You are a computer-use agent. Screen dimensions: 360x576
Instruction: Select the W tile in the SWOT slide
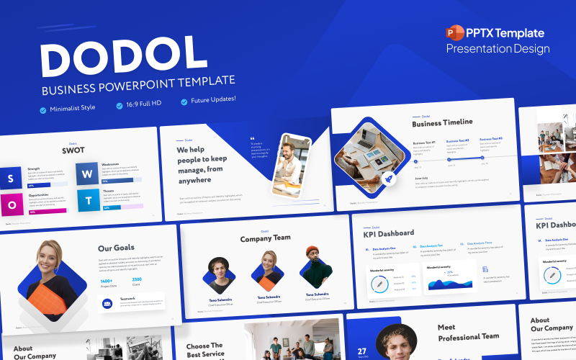tap(87, 174)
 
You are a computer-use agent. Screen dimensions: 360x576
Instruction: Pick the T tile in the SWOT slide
tap(87, 200)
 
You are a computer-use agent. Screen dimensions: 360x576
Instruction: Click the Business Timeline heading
tap(442, 122)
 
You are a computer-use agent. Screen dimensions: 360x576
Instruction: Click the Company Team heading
tap(265, 238)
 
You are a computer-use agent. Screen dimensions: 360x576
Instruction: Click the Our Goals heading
tap(116, 248)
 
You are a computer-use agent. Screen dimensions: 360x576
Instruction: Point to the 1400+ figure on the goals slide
tap(106, 281)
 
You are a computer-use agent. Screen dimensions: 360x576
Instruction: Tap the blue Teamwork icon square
tap(108, 304)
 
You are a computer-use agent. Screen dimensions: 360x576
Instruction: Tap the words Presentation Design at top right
tap(498, 49)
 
